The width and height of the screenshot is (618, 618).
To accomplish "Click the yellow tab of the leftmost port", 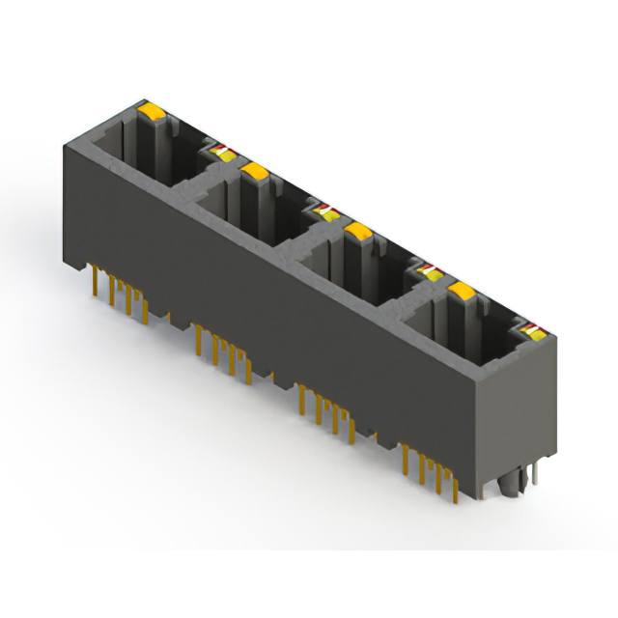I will (x=153, y=114).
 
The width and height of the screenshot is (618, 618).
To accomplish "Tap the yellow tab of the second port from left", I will (x=255, y=173).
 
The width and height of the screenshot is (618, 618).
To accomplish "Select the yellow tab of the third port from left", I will (x=359, y=232).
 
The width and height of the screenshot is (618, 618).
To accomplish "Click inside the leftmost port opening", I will (x=145, y=154).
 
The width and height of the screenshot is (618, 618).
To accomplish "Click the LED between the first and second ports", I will (x=221, y=151).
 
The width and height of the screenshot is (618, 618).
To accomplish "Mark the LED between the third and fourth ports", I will (x=427, y=267).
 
